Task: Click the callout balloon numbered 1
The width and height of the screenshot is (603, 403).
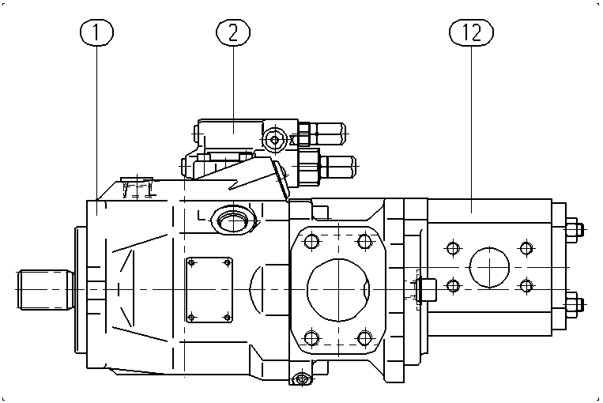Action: pos(96,32)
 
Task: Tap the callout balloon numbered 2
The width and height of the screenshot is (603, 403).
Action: pos(233,32)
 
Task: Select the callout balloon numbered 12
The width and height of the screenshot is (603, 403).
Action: pos(471,32)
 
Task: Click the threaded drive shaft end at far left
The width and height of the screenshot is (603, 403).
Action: pos(45,289)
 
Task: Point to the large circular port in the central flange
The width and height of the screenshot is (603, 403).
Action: pos(338,289)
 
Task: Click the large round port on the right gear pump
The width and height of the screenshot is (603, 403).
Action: pos(489,267)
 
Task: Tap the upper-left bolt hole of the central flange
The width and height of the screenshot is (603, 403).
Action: pos(311,242)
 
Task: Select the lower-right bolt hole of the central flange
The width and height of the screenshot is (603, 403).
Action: pos(364,338)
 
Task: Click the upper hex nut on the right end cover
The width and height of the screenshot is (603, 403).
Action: pos(573,230)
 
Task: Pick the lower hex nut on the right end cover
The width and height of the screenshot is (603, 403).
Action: pos(573,304)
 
